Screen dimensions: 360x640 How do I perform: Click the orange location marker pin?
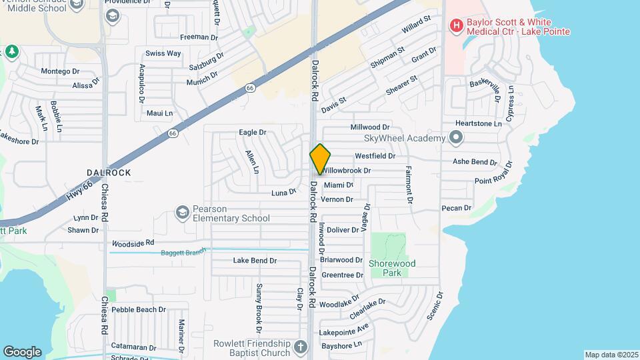[320, 159]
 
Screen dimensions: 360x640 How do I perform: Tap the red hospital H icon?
[457, 26]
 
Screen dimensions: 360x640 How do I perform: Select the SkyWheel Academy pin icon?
[456, 138]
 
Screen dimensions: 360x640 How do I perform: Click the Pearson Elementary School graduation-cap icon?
[181, 212]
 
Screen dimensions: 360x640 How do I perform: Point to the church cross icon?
[301, 347]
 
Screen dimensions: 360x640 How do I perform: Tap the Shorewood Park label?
[392, 268]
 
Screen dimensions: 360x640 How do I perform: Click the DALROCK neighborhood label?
[108, 173]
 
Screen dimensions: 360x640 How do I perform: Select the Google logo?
[22, 351]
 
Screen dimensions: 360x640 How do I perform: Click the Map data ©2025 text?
[611, 354]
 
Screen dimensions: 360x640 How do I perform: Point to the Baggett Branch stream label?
[183, 253]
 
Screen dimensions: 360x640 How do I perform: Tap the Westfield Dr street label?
[375, 155]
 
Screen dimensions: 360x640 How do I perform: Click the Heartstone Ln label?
[478, 123]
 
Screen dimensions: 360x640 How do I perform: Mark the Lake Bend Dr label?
[254, 261]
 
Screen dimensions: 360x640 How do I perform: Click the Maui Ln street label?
[159, 113]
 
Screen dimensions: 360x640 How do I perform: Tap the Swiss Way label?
[163, 53]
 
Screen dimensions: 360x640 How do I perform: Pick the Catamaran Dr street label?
[133, 347]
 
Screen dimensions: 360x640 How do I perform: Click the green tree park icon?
[11, 51]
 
